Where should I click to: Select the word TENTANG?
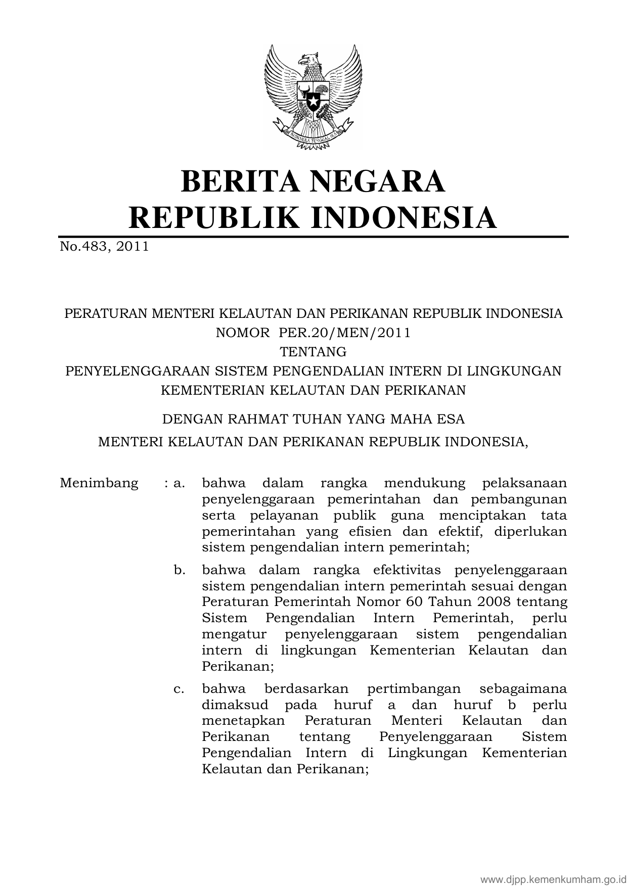(313, 351)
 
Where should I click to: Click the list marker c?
(179, 688)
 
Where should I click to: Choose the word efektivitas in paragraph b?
(408, 570)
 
